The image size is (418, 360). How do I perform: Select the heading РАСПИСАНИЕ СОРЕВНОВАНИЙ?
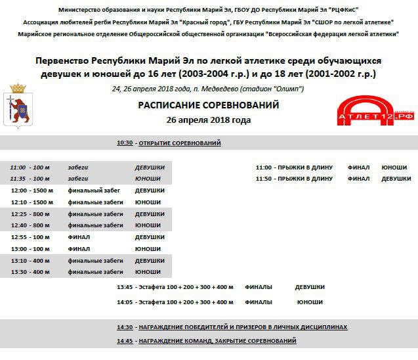pos(209,105)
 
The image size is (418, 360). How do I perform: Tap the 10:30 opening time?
pos(125,143)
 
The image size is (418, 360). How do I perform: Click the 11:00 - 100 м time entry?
pos(30,168)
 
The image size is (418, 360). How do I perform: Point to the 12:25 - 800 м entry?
pos(30,214)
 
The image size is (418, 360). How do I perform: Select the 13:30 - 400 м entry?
pos(30,272)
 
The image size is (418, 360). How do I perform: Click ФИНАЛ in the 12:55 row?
pos(79,237)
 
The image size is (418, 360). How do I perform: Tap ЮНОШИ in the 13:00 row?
pos(148,249)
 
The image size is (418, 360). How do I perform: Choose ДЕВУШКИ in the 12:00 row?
pos(150,191)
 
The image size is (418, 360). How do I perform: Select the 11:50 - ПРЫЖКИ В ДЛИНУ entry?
pos(294,179)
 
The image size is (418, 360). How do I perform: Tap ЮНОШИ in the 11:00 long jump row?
pos(394,168)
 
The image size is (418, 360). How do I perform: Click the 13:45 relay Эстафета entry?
pos(175,287)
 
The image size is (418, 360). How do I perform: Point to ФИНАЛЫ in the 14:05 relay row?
pos(259,302)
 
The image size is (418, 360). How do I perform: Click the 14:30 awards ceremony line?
pos(232,327)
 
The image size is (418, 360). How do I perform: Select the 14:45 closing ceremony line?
pos(207,341)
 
